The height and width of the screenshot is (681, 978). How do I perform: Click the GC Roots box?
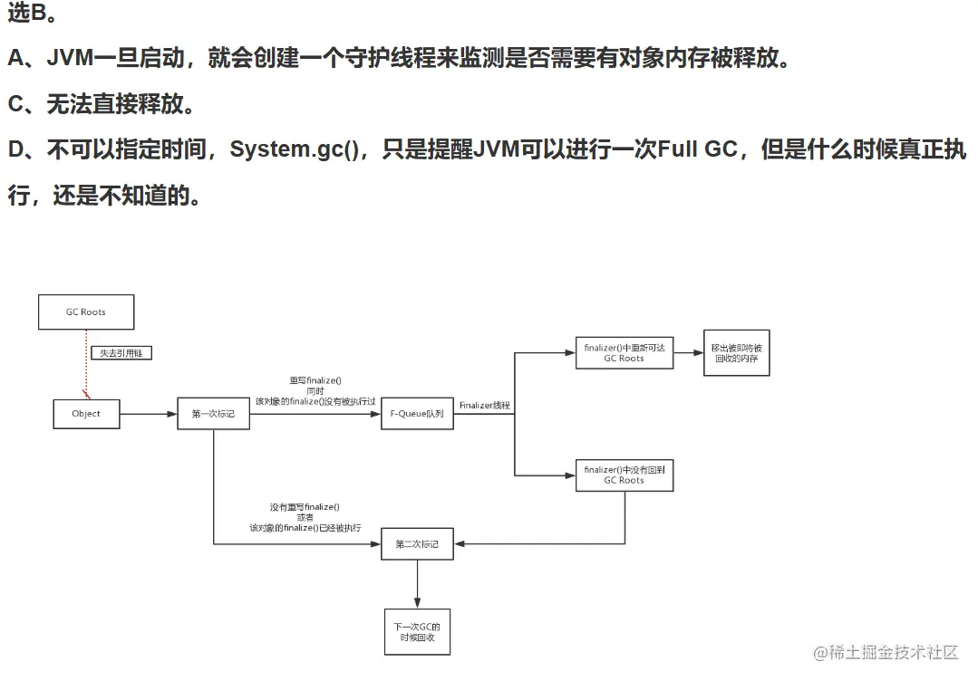(86, 312)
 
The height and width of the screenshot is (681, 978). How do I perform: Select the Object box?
(86, 414)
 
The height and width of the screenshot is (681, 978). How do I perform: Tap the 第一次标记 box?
(212, 414)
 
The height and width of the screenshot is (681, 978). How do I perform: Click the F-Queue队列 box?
(417, 414)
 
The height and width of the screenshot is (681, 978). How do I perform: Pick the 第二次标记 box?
(417, 544)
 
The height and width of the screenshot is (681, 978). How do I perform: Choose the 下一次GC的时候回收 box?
(417, 631)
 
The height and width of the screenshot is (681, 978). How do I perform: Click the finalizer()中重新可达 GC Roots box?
(625, 352)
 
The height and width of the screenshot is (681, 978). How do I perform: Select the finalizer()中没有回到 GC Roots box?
(625, 475)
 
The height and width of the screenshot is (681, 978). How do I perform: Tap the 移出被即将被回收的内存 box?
(736, 353)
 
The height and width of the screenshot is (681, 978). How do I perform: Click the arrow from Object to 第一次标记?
(149, 414)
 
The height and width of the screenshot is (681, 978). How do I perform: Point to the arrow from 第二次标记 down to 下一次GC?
(417, 584)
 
